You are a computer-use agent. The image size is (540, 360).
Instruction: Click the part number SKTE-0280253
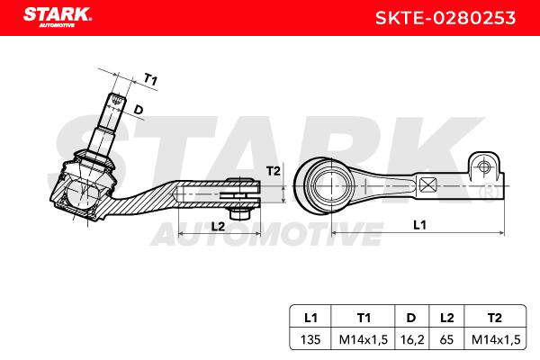[x=445, y=18]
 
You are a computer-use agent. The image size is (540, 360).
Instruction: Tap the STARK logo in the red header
[x=58, y=17]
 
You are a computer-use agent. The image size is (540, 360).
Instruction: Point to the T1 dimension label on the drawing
[x=150, y=79]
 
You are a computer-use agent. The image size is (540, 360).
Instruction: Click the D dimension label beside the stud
[x=138, y=110]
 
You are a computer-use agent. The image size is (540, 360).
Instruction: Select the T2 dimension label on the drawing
[x=274, y=171]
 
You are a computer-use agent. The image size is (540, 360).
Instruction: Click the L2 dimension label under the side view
[x=218, y=226]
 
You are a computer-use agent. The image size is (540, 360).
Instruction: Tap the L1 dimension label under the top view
[x=419, y=225]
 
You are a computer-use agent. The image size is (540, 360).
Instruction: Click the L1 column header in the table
[x=310, y=318]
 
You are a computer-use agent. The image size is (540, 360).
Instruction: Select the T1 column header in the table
[x=364, y=318]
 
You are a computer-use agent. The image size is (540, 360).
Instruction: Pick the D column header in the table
[x=411, y=318]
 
